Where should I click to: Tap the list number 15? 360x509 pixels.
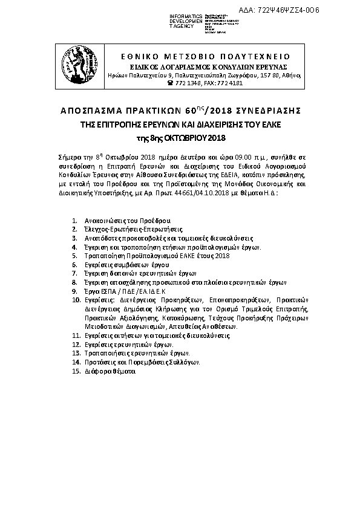pos(76,371)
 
